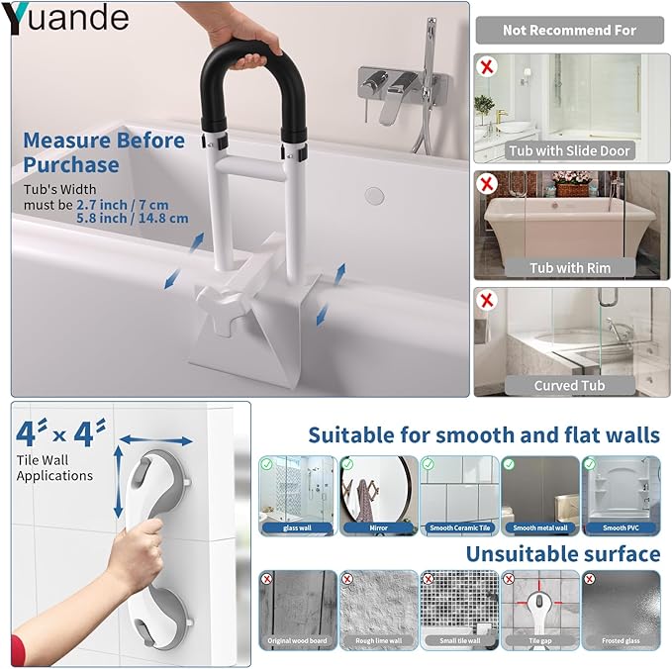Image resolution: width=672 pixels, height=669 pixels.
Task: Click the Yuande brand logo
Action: click(x=66, y=17)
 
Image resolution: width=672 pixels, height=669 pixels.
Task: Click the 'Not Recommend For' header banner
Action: click(x=569, y=30)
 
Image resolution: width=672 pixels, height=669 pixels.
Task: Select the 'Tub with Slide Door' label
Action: click(x=569, y=150)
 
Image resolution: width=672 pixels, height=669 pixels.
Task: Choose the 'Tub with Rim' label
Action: click(x=569, y=267)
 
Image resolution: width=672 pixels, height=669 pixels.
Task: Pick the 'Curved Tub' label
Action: click(x=569, y=385)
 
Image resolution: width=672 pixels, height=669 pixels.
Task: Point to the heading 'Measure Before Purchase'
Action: click(x=104, y=152)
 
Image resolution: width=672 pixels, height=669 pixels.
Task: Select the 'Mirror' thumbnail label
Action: click(x=378, y=528)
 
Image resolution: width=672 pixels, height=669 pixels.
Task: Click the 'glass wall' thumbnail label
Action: click(x=296, y=528)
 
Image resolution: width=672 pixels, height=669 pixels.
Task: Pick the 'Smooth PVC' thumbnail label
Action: click(x=621, y=528)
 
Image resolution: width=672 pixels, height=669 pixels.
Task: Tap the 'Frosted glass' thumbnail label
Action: click(x=621, y=641)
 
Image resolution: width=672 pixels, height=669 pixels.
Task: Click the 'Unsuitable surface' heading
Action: click(x=562, y=553)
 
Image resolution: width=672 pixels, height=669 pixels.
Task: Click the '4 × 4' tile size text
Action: click(x=62, y=432)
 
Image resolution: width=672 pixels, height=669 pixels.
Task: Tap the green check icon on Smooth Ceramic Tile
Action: click(x=429, y=463)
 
